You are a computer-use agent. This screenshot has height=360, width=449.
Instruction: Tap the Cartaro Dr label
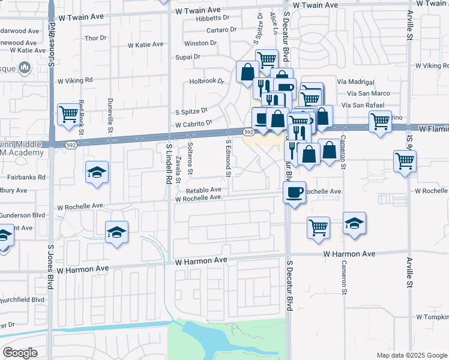point(218,29)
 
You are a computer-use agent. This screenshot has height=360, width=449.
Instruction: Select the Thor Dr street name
point(95,38)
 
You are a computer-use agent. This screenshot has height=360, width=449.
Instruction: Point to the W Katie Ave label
point(146,44)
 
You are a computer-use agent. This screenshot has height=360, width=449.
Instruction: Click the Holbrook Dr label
point(206,81)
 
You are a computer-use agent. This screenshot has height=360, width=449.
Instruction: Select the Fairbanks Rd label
point(26,178)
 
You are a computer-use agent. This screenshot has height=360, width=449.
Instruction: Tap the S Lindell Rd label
point(169,164)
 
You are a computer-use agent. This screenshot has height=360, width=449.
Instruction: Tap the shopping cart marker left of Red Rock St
point(69,113)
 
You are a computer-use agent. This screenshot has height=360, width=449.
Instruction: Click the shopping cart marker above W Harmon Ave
point(318,227)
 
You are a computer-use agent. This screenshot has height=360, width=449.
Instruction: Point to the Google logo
point(20,352)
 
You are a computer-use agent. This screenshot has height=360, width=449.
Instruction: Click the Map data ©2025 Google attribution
point(411,355)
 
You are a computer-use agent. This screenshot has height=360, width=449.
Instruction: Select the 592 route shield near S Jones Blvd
point(71,145)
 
